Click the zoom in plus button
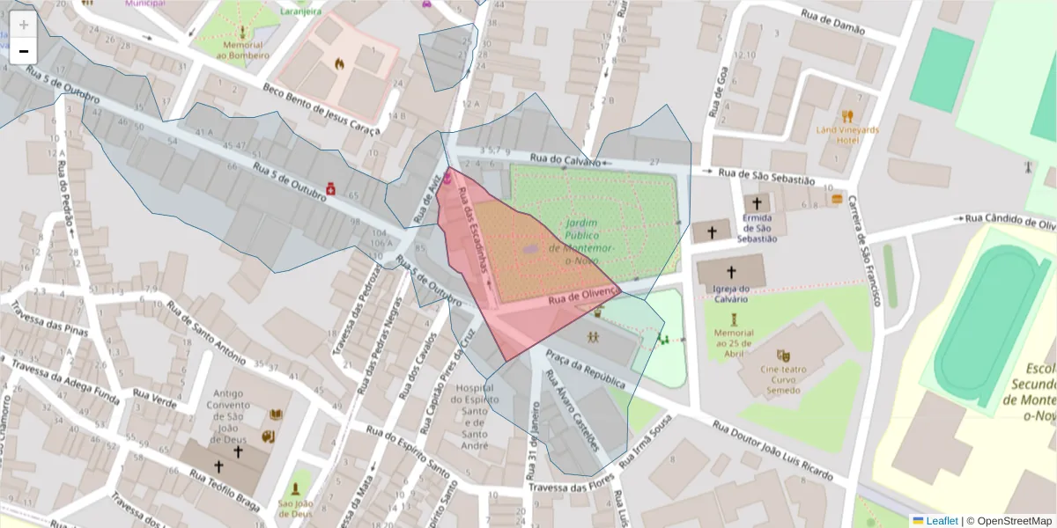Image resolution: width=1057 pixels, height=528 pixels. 24,24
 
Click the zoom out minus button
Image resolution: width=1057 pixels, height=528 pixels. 24,50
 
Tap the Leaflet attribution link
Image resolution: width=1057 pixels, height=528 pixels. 941,521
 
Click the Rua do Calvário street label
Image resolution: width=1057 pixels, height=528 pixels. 565,159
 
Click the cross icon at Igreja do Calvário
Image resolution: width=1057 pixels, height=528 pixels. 730,273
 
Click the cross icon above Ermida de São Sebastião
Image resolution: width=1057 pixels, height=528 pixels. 756,202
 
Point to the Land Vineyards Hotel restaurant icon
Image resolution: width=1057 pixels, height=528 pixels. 847,115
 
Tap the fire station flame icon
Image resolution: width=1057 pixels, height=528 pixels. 338,63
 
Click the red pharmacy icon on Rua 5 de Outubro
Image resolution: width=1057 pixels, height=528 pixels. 329,187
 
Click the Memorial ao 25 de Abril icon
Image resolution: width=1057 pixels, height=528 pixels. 734,314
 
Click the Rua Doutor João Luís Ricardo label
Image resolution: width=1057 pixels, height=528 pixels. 772,451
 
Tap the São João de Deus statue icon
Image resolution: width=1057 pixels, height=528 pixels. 295,488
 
